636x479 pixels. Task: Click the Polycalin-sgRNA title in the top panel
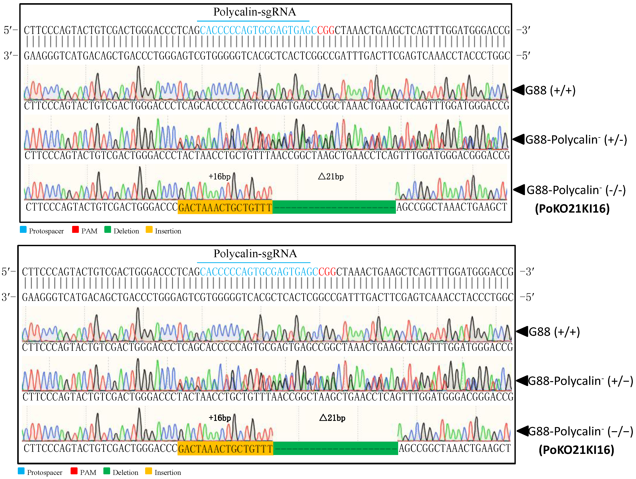tap(255, 12)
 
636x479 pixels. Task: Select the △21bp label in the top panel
tap(331, 176)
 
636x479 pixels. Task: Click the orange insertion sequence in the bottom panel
tap(225, 448)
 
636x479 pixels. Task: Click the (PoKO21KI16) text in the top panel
tap(572, 209)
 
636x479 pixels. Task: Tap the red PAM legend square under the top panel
tap(75, 229)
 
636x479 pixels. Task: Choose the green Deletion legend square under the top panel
tap(107, 229)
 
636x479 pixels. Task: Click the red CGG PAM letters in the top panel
tap(326, 30)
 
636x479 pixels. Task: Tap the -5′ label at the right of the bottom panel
tap(527, 297)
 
